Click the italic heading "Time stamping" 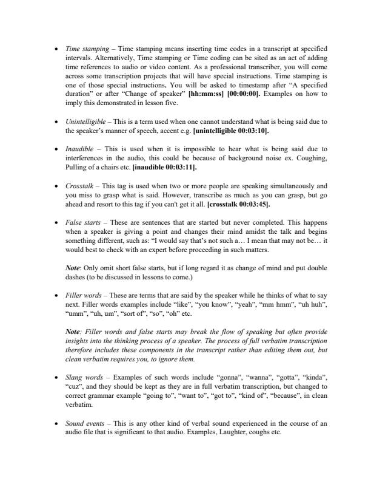(82, 48)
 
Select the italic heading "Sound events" (83, 423)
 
